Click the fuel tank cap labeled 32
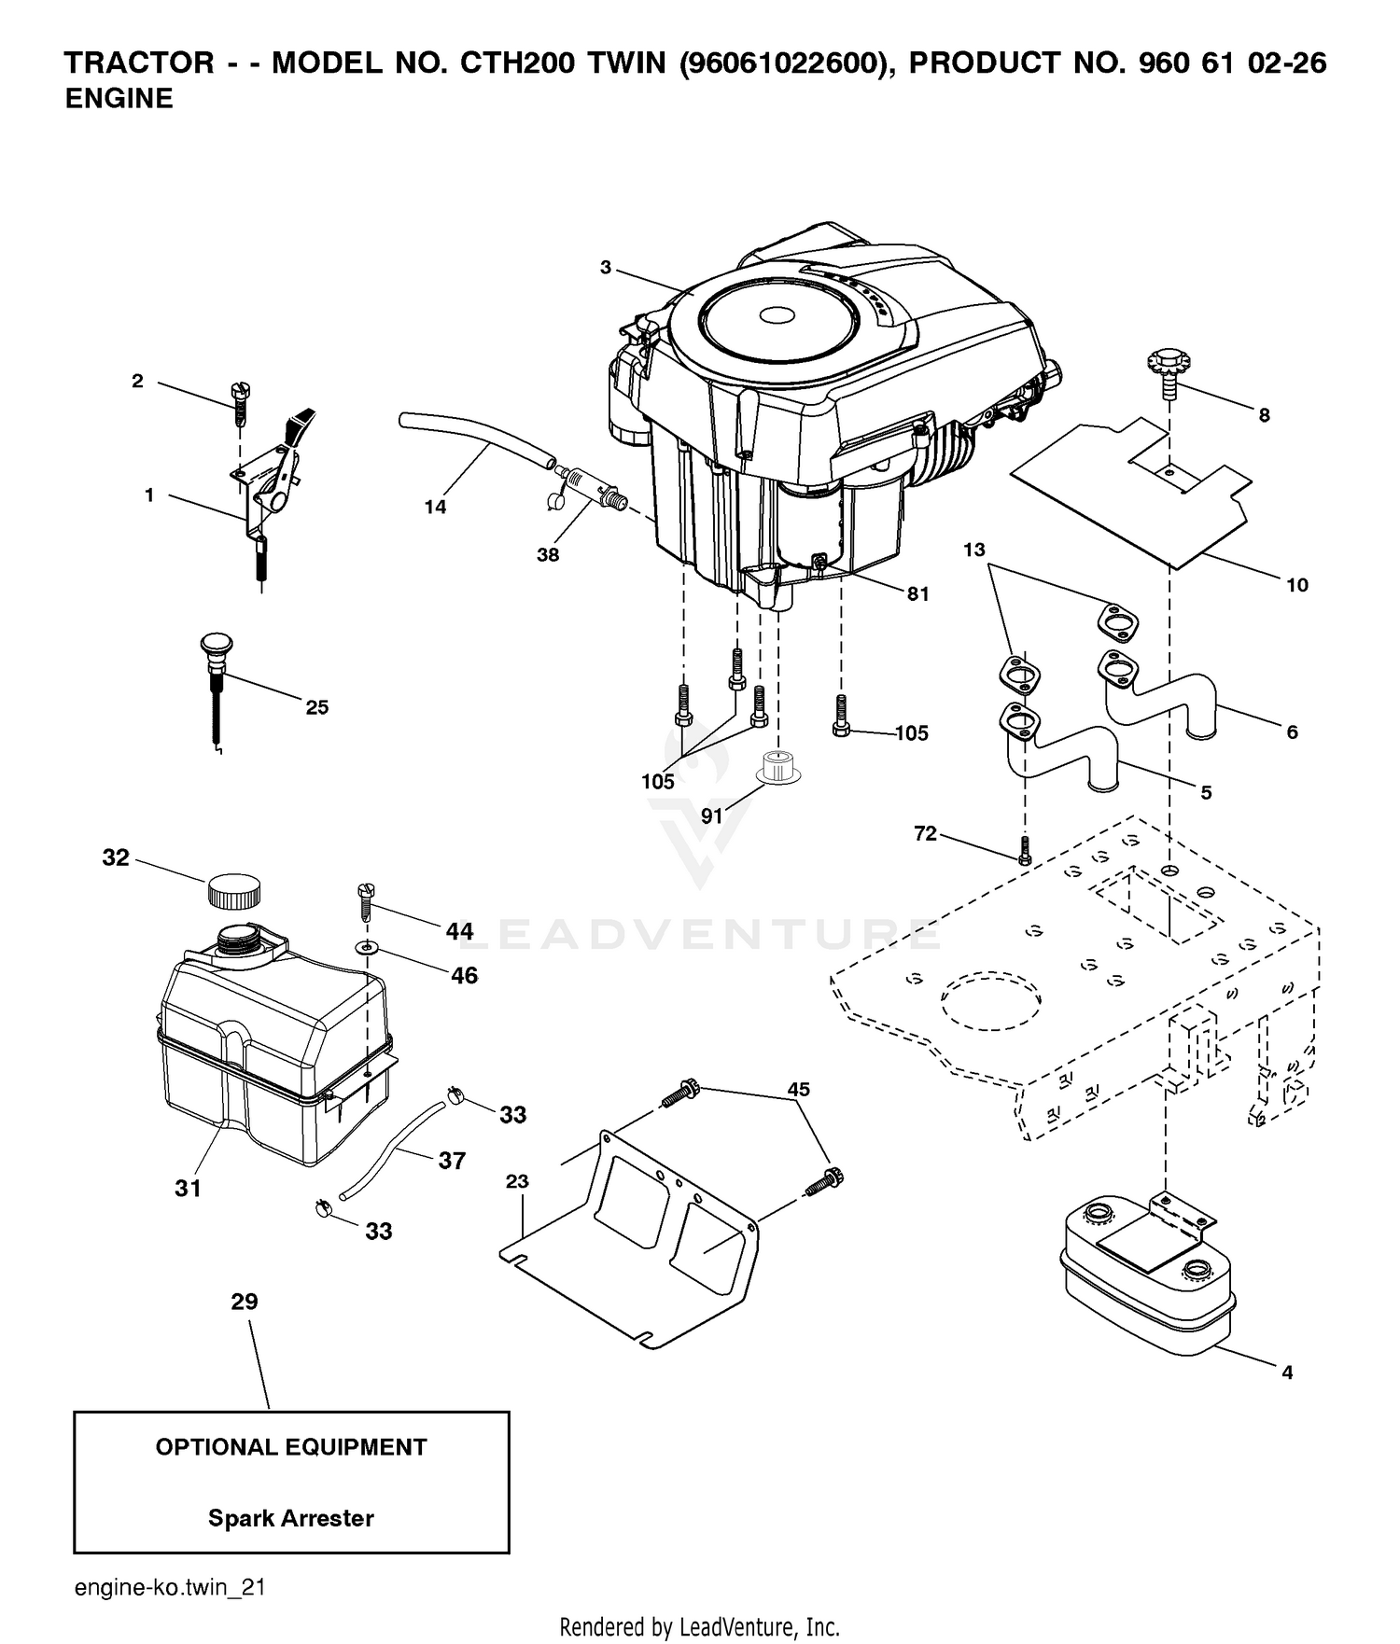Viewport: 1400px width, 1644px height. pos(232,891)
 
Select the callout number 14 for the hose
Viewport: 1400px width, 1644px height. pos(435,507)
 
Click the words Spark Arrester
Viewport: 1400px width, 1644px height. pos(290,1518)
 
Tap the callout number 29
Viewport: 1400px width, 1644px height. pos(245,1302)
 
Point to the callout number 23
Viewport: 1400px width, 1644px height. pos(517,1181)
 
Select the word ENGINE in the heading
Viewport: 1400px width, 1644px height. pos(119,99)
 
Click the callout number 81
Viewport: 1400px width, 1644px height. pos(918,593)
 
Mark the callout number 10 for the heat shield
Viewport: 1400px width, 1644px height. pos(1297,585)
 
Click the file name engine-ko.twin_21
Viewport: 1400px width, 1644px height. pos(170,1587)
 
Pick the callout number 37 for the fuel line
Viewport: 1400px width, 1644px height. pos(452,1161)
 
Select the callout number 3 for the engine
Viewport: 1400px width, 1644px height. pos(606,268)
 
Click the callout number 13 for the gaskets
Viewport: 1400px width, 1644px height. pos(974,550)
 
